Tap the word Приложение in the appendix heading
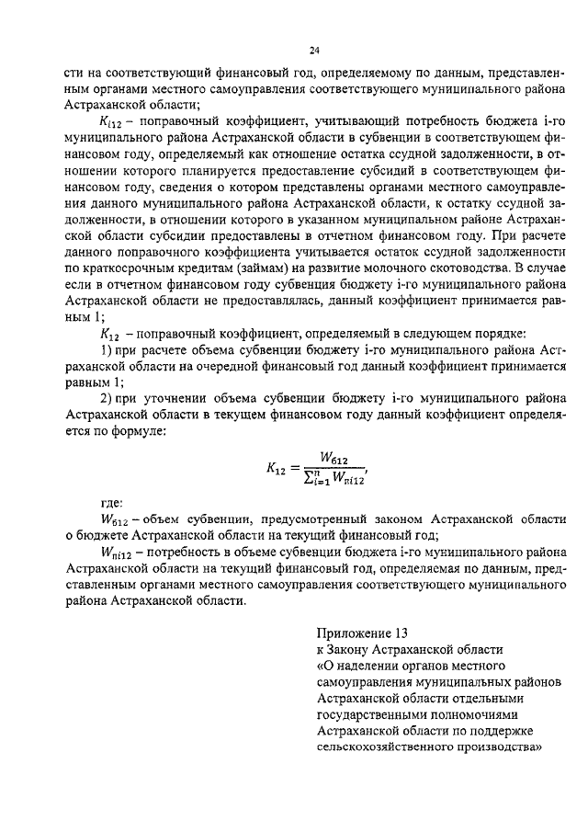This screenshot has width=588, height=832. click(x=353, y=633)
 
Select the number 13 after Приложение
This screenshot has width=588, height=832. click(x=397, y=633)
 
